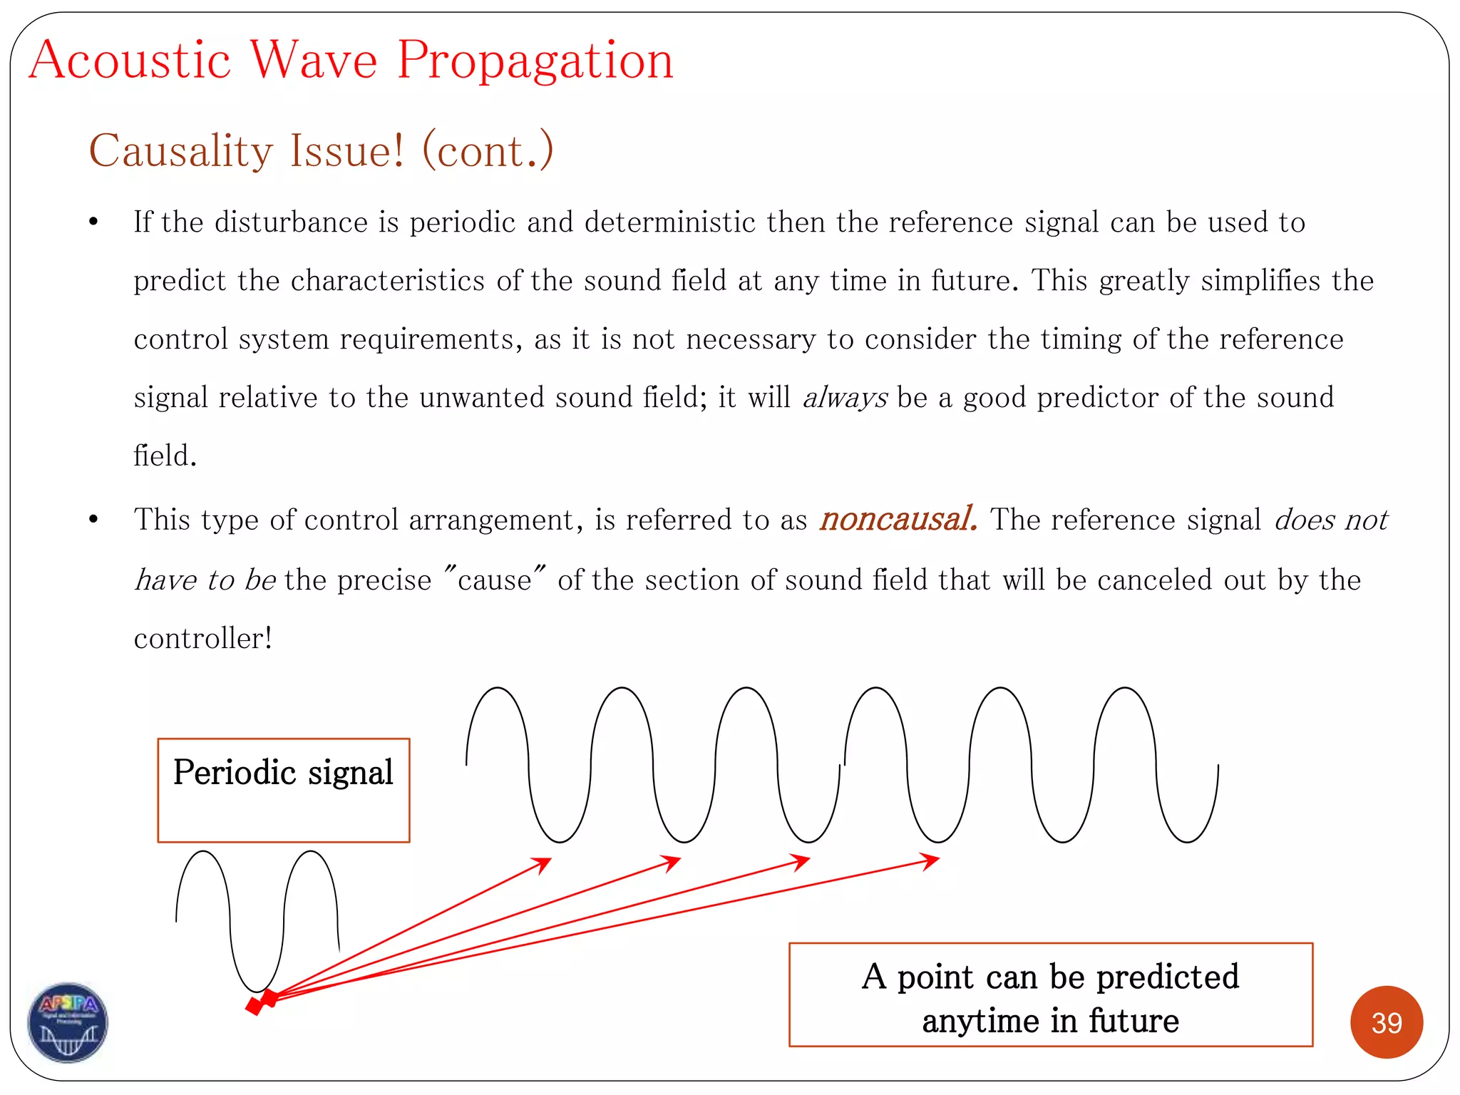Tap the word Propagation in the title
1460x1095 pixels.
click(535, 61)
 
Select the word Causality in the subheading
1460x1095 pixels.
click(181, 150)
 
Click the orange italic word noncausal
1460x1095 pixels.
click(898, 519)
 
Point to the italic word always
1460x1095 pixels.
click(845, 398)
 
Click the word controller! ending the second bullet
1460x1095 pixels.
click(203, 638)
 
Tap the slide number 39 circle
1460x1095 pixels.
click(1386, 1022)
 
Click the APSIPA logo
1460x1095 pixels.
click(68, 1022)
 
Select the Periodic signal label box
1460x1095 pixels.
click(283, 790)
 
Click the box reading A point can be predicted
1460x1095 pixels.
click(1050, 995)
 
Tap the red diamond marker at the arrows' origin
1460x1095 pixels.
click(261, 1002)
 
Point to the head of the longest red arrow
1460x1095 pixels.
click(931, 860)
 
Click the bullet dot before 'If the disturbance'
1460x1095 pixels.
click(93, 222)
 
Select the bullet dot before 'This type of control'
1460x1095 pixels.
click(93, 520)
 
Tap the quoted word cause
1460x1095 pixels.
click(495, 580)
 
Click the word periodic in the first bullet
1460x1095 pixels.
click(462, 222)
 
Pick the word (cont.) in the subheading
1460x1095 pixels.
click(488, 150)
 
